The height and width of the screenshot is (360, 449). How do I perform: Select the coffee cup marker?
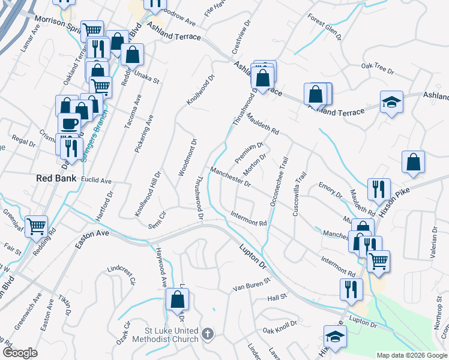pos(68,123)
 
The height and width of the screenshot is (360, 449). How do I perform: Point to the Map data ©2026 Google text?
pos(412,355)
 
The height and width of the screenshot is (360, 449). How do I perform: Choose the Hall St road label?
pos(278,296)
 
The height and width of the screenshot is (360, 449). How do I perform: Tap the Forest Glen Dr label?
pos(324,27)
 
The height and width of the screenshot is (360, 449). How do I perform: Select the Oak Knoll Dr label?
pos(280,327)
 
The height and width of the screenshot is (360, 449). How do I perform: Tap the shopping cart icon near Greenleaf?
pos(36,226)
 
